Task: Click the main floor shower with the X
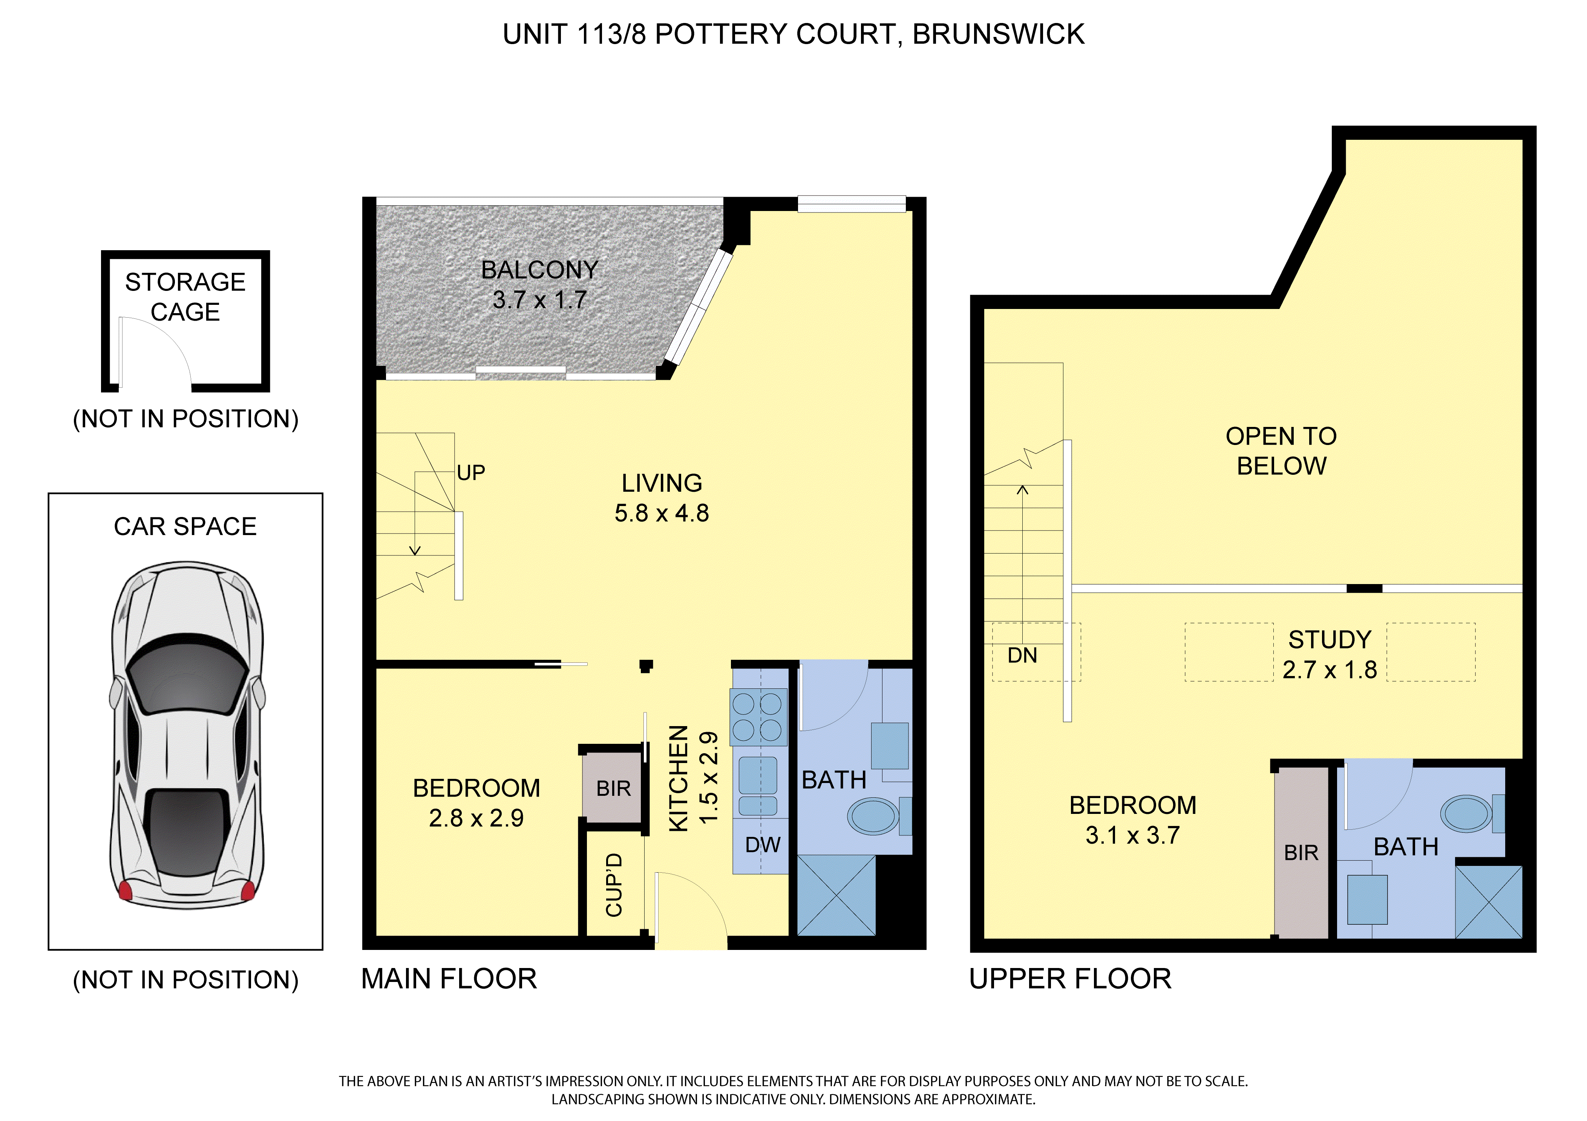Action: pos(836,896)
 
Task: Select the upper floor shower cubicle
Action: pos(1489,902)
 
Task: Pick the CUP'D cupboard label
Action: pos(614,885)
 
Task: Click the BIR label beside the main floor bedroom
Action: pos(614,789)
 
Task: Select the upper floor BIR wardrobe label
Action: pos(1302,853)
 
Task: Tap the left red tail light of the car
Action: pos(125,890)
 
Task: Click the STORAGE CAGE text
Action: pos(185,297)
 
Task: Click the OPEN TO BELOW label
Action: pos(1282,451)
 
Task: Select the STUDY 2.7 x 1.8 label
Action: pos(1330,655)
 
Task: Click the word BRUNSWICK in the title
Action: pos(999,34)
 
